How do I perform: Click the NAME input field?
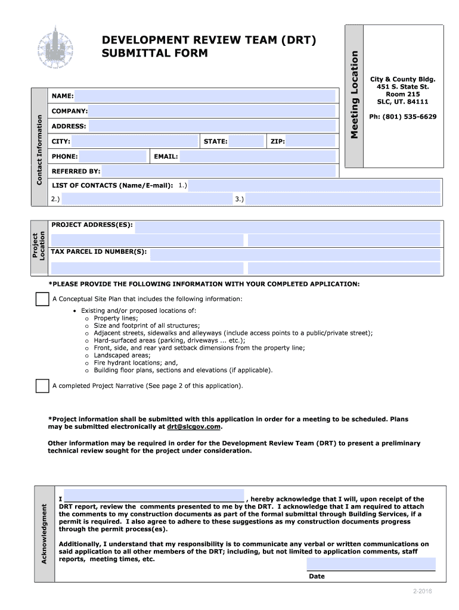tap(204, 96)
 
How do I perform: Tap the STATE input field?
tap(246, 141)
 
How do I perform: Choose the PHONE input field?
tap(113, 157)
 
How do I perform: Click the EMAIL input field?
tap(258, 157)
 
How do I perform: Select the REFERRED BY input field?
tap(219, 172)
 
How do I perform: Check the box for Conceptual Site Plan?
tap(42, 299)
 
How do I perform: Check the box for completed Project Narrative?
tap(42, 386)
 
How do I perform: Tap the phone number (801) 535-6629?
tap(402, 117)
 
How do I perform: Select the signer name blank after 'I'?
tap(154, 499)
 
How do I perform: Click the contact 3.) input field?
tap(343, 199)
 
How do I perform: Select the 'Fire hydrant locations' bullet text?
tap(136, 362)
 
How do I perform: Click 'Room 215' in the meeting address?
tap(402, 94)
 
